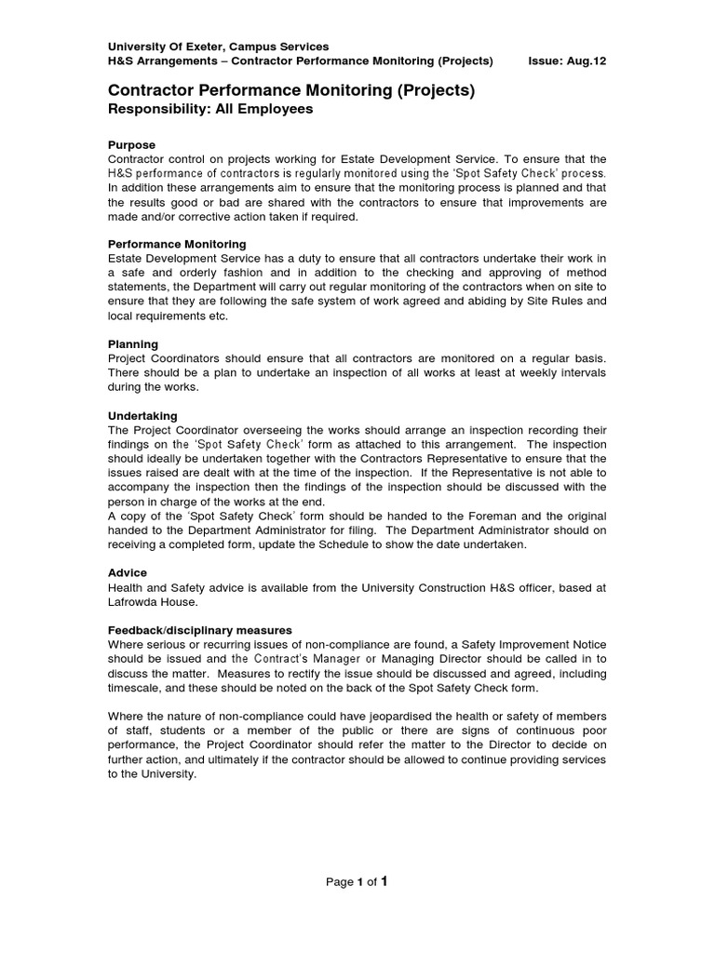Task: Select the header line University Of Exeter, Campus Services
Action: pyautogui.click(x=219, y=47)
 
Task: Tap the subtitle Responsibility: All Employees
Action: pyautogui.click(x=210, y=109)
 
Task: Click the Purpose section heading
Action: pyautogui.click(x=131, y=145)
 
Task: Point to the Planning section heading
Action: pyautogui.click(x=133, y=344)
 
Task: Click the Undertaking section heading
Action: pyautogui.click(x=142, y=415)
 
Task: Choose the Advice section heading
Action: pyautogui.click(x=128, y=573)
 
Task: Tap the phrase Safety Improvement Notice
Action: pyautogui.click(x=528, y=644)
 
